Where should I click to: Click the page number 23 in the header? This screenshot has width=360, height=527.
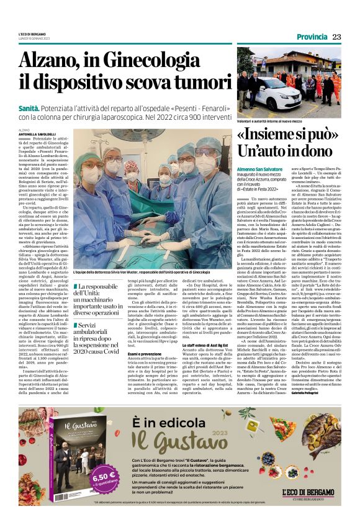pos(336,37)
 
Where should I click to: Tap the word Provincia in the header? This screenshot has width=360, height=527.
pos(311,37)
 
